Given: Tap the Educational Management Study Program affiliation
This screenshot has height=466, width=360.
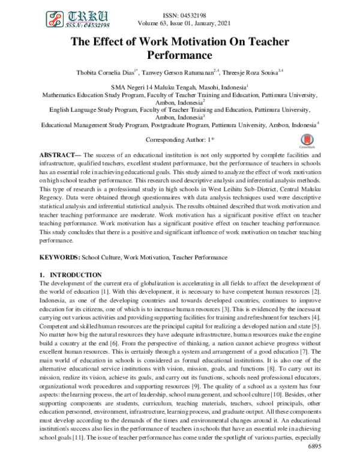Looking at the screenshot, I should pyautogui.click(x=179, y=125).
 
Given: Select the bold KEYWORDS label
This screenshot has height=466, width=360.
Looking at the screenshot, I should pyautogui.click(x=59, y=257).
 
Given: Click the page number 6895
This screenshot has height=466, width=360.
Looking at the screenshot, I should pyautogui.click(x=315, y=447).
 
